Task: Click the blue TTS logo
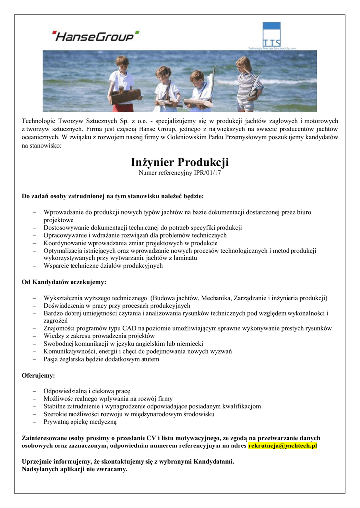click(x=272, y=36)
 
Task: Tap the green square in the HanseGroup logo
click(x=137, y=33)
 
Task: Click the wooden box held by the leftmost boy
click(x=125, y=95)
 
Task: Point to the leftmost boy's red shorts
click(x=124, y=107)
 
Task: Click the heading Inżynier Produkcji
click(x=180, y=163)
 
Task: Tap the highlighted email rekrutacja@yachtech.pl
click(x=283, y=446)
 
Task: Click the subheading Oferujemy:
click(x=38, y=376)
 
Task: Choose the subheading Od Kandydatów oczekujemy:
click(x=64, y=282)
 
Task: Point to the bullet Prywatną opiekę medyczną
click(x=79, y=422)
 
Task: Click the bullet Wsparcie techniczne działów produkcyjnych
click(x=103, y=266)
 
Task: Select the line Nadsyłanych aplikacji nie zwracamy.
click(x=74, y=469)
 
